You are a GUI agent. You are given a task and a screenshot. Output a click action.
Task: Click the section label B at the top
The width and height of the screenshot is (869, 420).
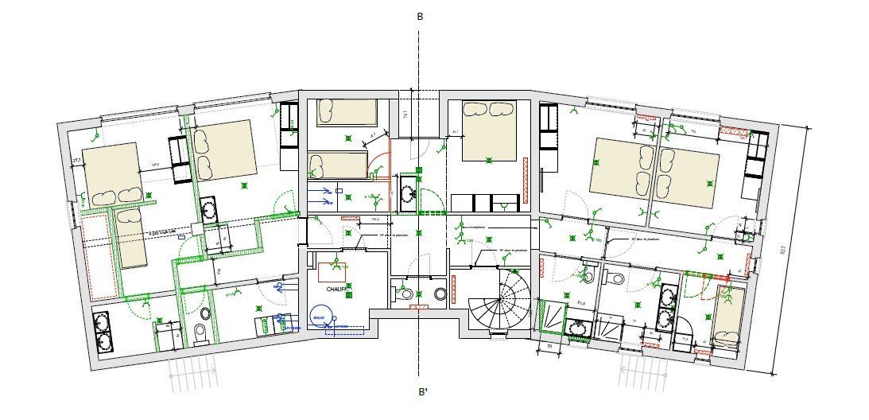(419, 16)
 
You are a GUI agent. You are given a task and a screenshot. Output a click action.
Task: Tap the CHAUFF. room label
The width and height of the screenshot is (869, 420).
(339, 290)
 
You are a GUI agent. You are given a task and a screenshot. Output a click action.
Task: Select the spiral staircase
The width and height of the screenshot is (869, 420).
(497, 303)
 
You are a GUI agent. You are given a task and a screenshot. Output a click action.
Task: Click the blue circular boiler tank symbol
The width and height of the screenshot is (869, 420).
(322, 315)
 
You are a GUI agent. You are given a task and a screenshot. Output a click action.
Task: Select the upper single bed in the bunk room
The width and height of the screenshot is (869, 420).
(347, 112)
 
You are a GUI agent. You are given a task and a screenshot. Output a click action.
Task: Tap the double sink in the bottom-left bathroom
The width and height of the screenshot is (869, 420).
(103, 332)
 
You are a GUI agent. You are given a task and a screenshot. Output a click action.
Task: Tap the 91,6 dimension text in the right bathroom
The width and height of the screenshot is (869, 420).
(581, 303)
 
